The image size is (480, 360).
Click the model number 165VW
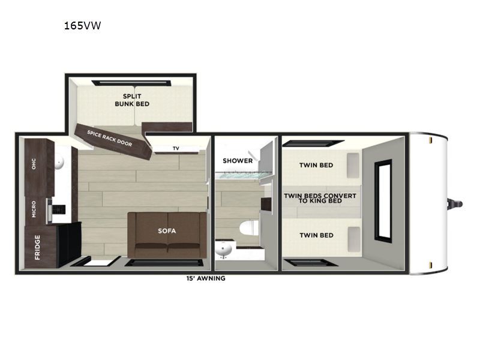point(82,25)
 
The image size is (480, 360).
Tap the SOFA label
point(167,231)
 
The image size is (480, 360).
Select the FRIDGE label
point(37,247)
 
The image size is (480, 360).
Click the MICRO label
point(34,209)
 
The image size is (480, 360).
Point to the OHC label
point(34,164)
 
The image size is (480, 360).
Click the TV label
point(176,148)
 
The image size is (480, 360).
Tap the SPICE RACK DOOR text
point(110,139)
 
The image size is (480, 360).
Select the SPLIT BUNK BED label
point(132,100)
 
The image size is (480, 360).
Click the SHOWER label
point(238,161)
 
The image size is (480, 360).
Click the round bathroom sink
point(223,249)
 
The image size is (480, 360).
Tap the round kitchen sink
point(59,162)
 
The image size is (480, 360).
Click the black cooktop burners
point(59,209)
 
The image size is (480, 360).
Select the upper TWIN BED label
point(316,166)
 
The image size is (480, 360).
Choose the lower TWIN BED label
point(317,235)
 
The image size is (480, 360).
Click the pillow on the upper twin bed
point(353,166)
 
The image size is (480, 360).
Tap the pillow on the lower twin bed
point(353,239)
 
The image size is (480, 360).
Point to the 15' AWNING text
point(206,278)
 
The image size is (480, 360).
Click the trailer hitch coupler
point(455,204)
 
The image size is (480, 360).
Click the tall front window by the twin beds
point(383,201)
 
